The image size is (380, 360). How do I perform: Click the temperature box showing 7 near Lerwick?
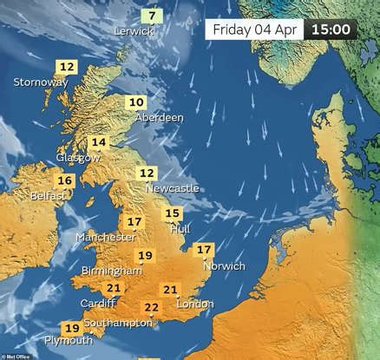152,16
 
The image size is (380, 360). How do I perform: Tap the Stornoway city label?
40,82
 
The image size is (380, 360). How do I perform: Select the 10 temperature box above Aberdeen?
136,102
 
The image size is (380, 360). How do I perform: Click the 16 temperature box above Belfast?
64,180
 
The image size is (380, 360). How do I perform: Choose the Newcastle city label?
172,188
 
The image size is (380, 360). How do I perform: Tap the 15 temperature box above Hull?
173,213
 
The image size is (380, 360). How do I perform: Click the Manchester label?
105,237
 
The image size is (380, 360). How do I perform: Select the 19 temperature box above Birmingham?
145,255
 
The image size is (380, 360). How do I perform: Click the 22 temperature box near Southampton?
152,307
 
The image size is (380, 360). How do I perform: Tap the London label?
194,304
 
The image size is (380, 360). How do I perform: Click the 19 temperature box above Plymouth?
72,328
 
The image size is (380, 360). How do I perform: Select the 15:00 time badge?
331,29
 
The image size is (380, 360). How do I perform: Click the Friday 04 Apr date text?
253,29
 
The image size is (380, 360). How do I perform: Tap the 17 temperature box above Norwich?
204,251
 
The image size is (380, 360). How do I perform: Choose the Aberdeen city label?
159,117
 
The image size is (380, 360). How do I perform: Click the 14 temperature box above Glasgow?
99,142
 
